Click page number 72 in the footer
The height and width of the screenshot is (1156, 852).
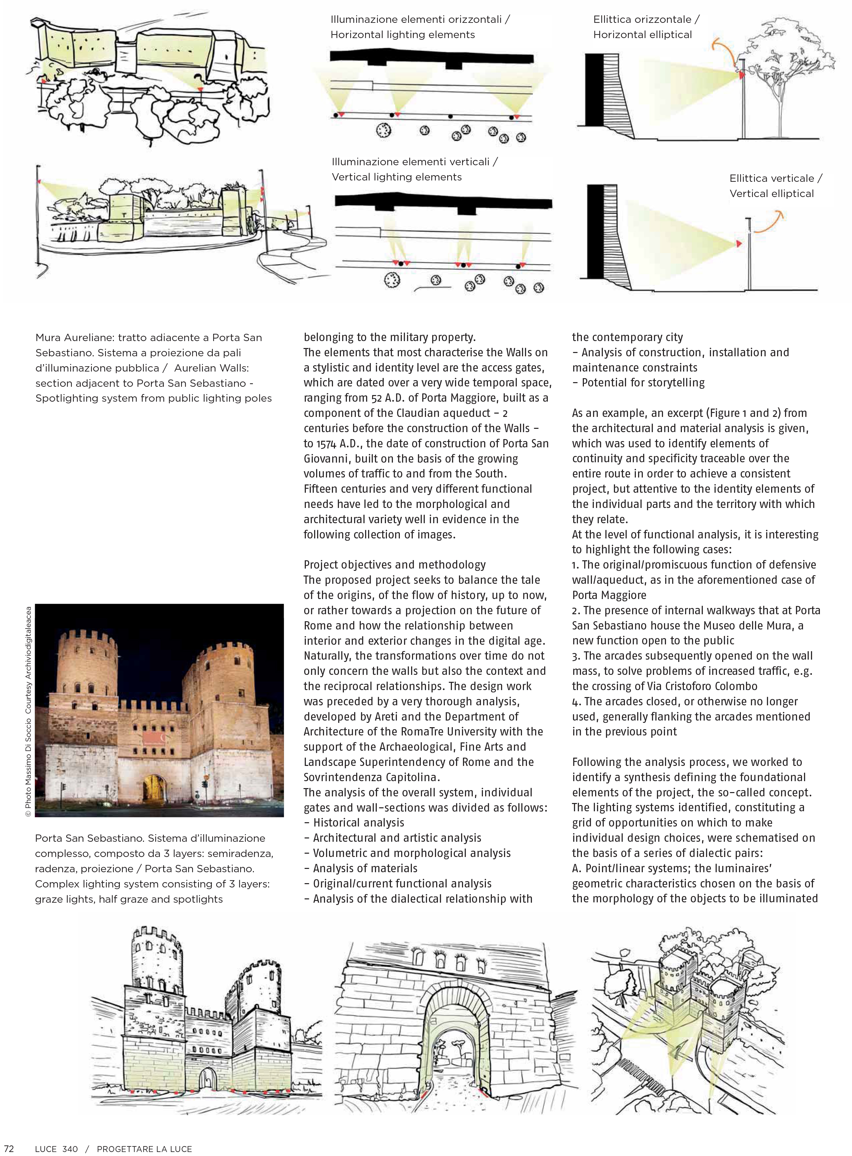coord(9,1149)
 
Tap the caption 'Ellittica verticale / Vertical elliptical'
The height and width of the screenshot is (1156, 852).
coord(775,186)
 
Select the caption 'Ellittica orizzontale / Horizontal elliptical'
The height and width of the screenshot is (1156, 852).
coord(646,27)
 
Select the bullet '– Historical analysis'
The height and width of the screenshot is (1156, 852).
coord(354,823)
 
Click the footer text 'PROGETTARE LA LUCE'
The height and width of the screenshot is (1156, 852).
coord(144,1149)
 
